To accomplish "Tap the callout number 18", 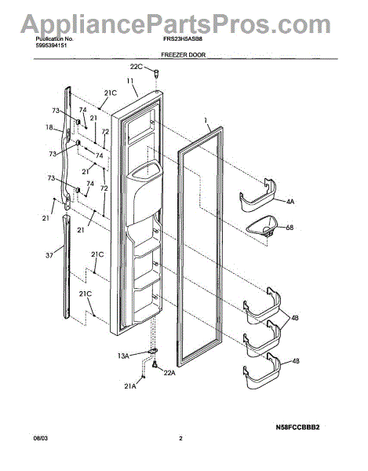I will pos(49,127).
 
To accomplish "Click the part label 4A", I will pos(290,202).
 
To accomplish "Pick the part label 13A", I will pos(123,356).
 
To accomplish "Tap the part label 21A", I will pos(128,386).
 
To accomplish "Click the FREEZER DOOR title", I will pos(183,57).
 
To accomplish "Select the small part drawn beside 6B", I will pos(263,230).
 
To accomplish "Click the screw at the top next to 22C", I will pos(156,73).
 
